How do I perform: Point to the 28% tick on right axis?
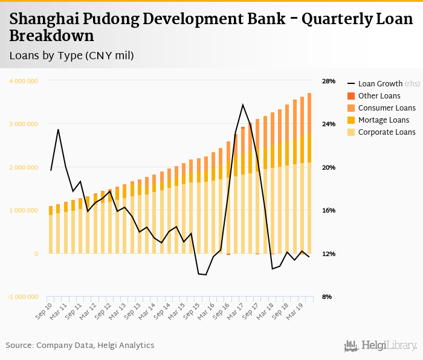coord(328,81)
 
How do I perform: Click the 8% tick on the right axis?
coord(326,297)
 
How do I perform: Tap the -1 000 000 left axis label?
coord(24,297)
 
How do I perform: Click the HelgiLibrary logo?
coord(380,346)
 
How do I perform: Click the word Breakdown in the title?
coord(51,36)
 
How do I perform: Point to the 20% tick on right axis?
coord(328,167)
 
